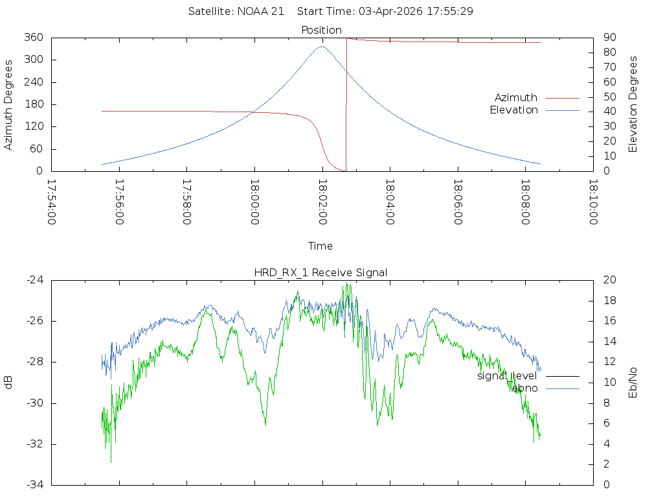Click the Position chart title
point(321,30)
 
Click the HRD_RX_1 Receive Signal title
point(321,272)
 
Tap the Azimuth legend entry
point(516,97)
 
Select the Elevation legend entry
point(513,110)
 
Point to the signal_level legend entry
point(507,376)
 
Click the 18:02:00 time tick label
point(322,202)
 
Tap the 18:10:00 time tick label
point(592,202)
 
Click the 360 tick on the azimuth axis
point(33,38)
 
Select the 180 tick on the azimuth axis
point(33,104)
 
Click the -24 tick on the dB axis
point(34,280)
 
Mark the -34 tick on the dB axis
point(34,484)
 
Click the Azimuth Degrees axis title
point(9,104)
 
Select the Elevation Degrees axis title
point(633,104)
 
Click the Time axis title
point(320,246)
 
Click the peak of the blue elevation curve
point(322,46)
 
